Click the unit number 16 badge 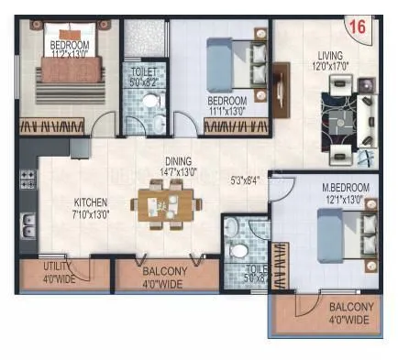(x=358, y=28)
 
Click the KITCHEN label (x=92, y=202)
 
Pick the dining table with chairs (x=160, y=202)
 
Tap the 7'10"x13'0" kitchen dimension (x=92, y=213)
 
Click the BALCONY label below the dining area (x=166, y=272)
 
